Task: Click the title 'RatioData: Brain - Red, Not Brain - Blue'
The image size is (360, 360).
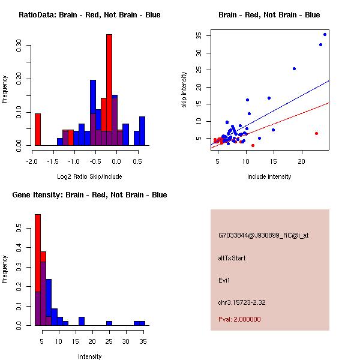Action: pyautogui.click(x=89, y=15)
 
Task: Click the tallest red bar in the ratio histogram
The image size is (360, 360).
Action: pyautogui.click(x=109, y=90)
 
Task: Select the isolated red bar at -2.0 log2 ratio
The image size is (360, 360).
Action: pyautogui.click(x=38, y=129)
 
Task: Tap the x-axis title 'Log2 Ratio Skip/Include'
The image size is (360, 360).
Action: pyautogui.click(x=89, y=176)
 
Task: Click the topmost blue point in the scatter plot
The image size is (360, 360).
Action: pyautogui.click(x=325, y=34)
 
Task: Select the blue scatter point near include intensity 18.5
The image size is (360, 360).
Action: pyautogui.click(x=295, y=68)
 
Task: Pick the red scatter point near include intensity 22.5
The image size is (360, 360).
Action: pyautogui.click(x=316, y=133)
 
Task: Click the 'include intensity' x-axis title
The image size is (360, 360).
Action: pyautogui.click(x=269, y=176)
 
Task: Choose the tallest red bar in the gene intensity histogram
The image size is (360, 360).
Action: pyautogui.click(x=38, y=270)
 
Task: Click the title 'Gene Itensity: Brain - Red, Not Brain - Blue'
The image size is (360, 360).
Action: pyautogui.click(x=89, y=195)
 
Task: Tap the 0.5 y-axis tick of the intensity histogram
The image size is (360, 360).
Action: pyautogui.click(x=20, y=228)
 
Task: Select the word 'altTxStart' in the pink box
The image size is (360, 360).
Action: pyautogui.click(x=232, y=258)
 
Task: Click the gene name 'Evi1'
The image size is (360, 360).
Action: pyautogui.click(x=224, y=280)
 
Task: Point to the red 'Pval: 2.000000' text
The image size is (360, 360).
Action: pyautogui.click(x=239, y=319)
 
